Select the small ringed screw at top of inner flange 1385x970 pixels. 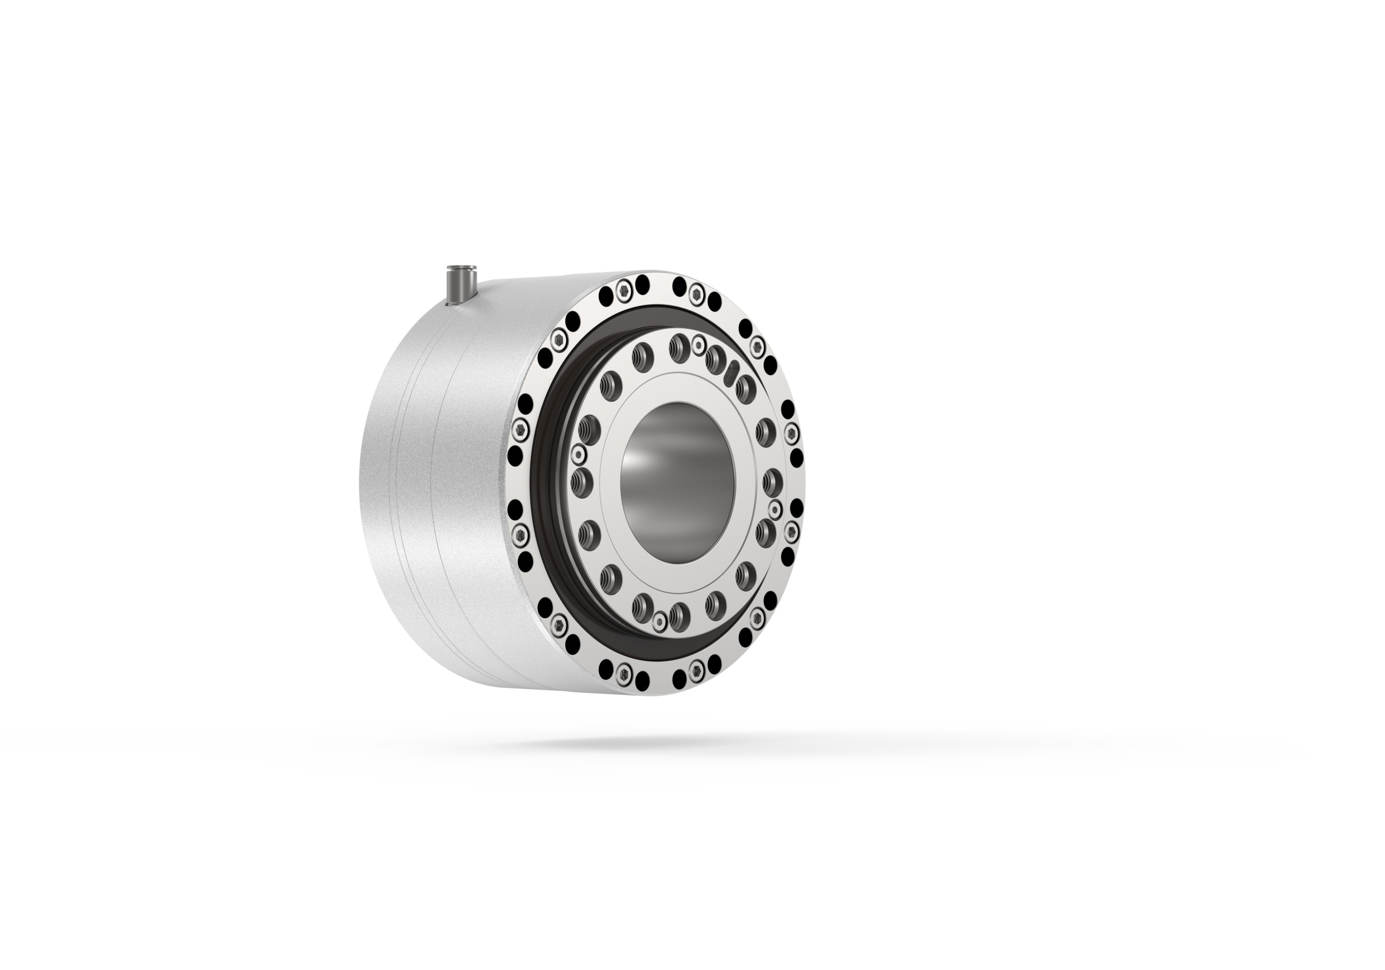point(698,344)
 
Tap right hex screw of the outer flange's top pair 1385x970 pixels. point(697,294)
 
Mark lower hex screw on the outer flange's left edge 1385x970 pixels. point(520,533)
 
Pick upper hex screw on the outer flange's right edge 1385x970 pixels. point(791,431)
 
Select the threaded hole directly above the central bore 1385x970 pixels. point(678,347)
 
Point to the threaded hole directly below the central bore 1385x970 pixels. point(678,613)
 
